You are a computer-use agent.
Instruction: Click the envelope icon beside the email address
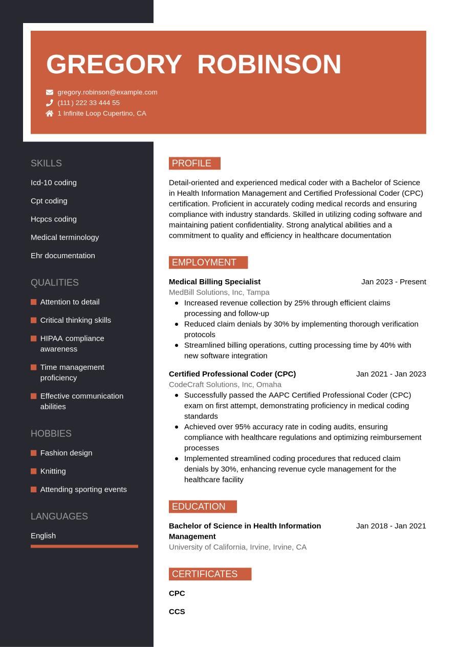tap(50, 92)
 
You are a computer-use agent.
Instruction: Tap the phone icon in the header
tap(50, 103)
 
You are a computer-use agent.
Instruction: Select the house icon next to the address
tap(50, 113)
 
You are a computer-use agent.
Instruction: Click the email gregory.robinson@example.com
tap(107, 92)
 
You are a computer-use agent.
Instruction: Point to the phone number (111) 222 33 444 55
tap(89, 103)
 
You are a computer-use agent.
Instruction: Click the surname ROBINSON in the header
tap(269, 65)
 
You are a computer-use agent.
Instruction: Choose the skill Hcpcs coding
tap(54, 219)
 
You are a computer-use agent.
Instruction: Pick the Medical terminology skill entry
tap(65, 237)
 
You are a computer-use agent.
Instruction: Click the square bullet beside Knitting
tap(34, 471)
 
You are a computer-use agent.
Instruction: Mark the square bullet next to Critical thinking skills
tap(34, 320)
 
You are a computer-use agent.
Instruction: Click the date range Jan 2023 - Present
tap(394, 282)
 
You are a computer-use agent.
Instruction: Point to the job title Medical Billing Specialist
tap(214, 282)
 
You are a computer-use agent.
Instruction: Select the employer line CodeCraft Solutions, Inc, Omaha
tap(225, 384)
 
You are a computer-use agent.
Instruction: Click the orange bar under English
tap(84, 546)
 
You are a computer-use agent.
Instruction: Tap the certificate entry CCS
tap(177, 612)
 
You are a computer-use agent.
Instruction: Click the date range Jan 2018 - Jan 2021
tap(391, 526)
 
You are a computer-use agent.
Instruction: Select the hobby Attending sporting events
tap(83, 489)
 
